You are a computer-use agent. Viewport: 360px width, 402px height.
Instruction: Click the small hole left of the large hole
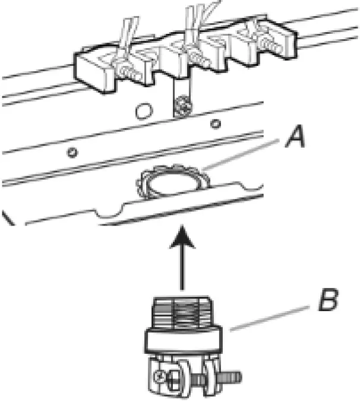click(x=72, y=153)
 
